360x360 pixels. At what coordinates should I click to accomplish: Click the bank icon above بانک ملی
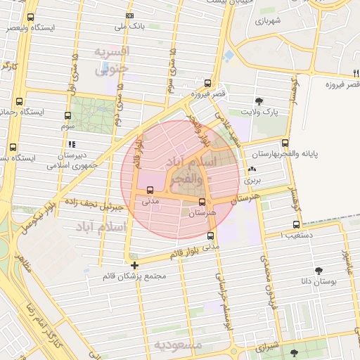tap(129, 15)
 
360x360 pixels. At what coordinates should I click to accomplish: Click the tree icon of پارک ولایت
tap(259, 101)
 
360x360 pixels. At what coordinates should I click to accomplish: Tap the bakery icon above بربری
tap(252, 169)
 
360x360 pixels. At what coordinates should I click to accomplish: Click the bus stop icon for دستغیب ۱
tap(296, 225)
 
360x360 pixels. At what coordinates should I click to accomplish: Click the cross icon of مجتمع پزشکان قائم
tap(134, 265)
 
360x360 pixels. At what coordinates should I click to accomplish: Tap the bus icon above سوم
tap(67, 115)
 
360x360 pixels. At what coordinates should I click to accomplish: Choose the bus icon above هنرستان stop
tap(202, 202)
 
